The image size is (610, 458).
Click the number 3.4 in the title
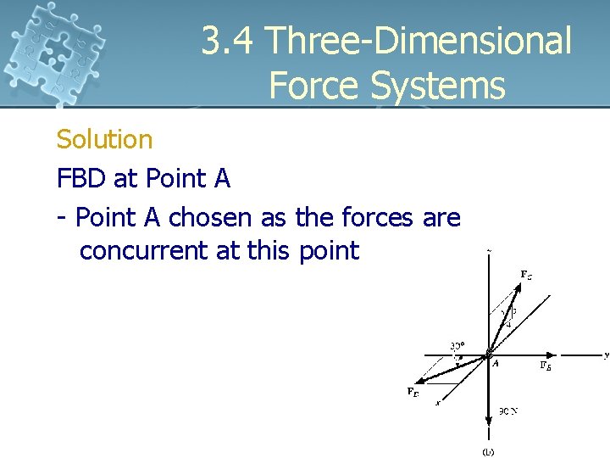(x=227, y=42)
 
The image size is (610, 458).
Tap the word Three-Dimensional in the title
(x=419, y=42)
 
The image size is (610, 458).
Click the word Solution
(x=104, y=139)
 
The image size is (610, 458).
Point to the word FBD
(x=83, y=179)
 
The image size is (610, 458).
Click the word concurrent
(x=144, y=251)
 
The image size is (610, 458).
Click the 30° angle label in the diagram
(x=457, y=346)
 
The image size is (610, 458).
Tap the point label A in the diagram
(x=496, y=363)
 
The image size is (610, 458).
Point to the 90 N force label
(x=507, y=411)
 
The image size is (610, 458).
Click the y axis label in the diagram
(x=606, y=355)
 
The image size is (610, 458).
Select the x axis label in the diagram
(x=437, y=403)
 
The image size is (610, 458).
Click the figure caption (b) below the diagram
(x=488, y=451)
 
